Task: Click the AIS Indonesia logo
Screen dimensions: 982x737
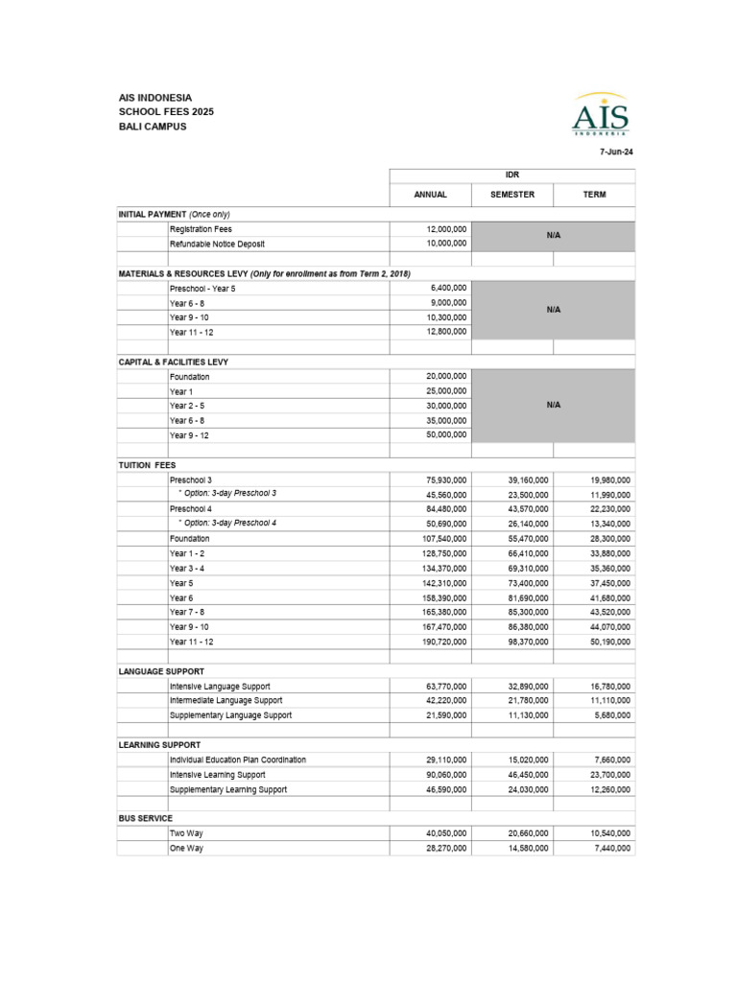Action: (x=601, y=116)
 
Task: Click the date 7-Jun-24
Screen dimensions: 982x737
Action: (x=617, y=152)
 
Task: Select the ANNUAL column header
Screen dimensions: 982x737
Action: (x=430, y=195)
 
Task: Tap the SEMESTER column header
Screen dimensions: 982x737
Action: (x=512, y=195)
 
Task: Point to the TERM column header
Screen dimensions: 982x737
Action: (x=594, y=195)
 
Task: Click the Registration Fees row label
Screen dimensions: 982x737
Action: (x=201, y=229)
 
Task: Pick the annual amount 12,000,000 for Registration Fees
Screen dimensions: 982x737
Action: (x=447, y=229)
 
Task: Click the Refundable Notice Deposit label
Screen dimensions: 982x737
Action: (x=216, y=244)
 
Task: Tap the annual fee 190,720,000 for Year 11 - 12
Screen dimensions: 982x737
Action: (x=444, y=642)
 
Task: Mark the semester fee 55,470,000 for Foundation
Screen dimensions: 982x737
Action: (x=528, y=539)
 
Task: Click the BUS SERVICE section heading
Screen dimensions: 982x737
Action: (x=145, y=818)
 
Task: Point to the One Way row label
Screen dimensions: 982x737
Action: (x=186, y=849)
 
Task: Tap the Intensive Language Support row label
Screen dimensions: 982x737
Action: (x=220, y=687)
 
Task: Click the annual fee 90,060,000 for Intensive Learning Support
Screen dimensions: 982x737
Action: (x=446, y=775)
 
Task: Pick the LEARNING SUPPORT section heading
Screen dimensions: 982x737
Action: (x=159, y=744)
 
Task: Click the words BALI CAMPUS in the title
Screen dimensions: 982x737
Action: (x=153, y=126)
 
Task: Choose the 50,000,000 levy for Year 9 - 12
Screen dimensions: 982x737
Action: (x=447, y=435)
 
